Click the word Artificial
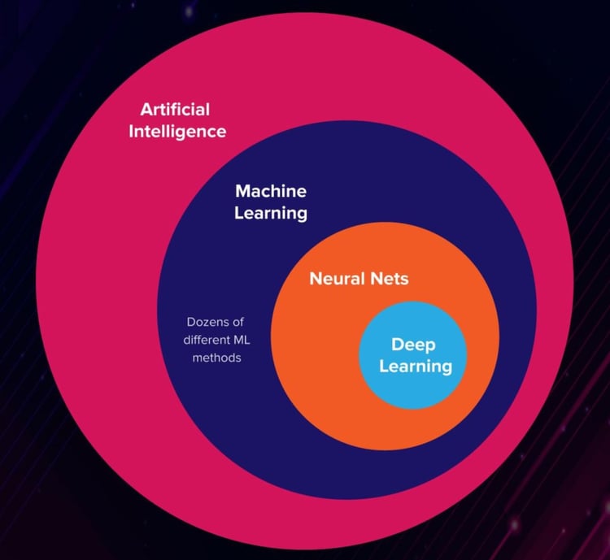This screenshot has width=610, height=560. [x=175, y=109]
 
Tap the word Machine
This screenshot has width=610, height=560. [x=271, y=192]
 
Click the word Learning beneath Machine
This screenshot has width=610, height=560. [x=271, y=214]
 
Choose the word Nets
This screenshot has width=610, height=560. [x=386, y=279]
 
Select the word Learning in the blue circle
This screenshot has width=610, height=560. [x=416, y=366]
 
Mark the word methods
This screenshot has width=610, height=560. [x=216, y=358]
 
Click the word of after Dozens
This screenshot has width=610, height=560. [x=237, y=322]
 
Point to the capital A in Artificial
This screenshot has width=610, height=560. [x=146, y=109]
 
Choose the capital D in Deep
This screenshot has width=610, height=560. [x=397, y=345]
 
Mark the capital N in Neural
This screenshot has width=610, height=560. [x=315, y=279]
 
